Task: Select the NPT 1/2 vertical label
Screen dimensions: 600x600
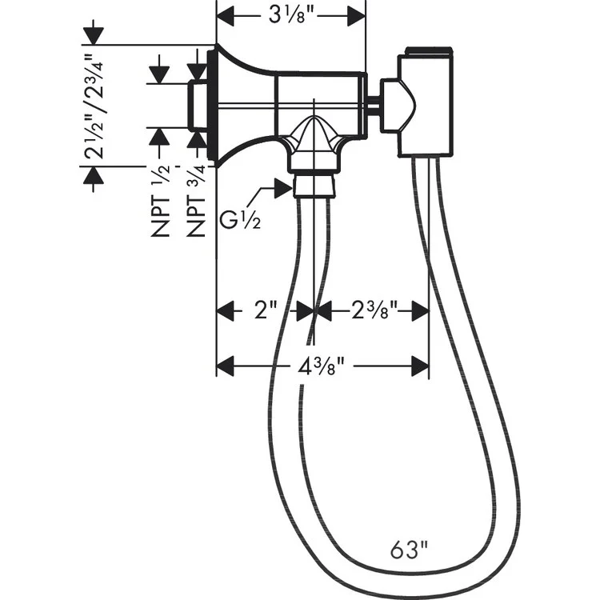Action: point(162,197)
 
